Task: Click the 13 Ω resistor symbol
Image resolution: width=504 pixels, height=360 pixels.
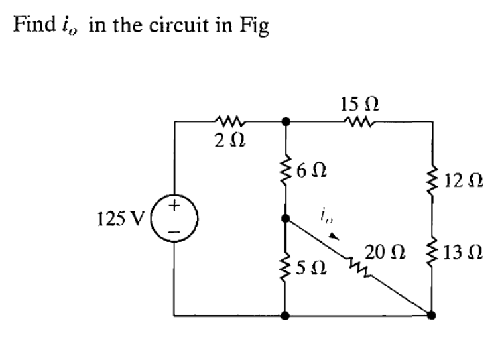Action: [431, 253]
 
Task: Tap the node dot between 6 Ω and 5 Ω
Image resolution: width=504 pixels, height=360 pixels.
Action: [286, 217]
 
